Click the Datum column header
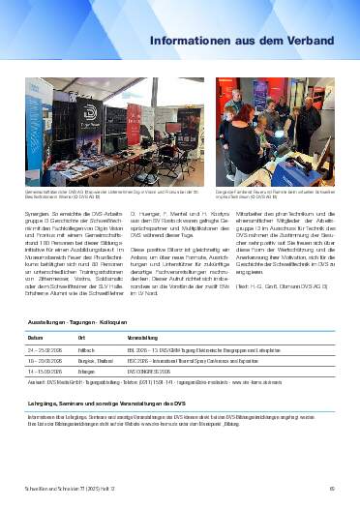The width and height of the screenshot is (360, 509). click(36, 337)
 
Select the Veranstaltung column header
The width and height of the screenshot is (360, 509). click(144, 337)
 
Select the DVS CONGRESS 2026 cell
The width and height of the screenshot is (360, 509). click(152, 368)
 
